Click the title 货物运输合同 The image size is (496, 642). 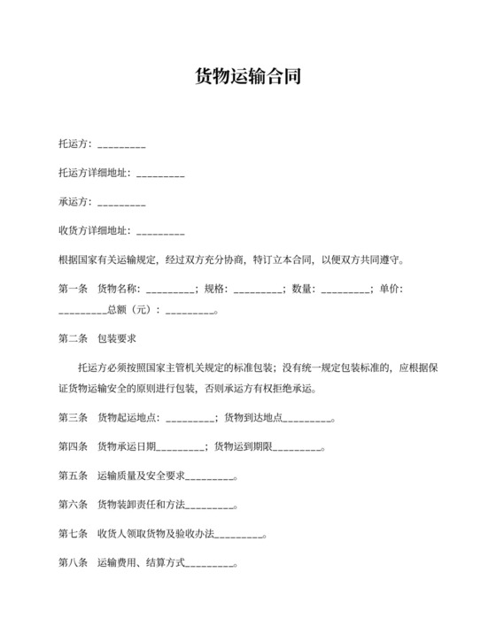pyautogui.click(x=247, y=77)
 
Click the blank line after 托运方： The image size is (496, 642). pyautogui.click(x=121, y=144)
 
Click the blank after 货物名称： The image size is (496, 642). pyautogui.click(x=170, y=289)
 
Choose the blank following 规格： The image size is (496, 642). pyautogui.click(x=258, y=289)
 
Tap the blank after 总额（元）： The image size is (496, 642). pyautogui.click(x=190, y=311)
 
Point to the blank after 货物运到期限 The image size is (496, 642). pyautogui.click(x=297, y=447)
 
